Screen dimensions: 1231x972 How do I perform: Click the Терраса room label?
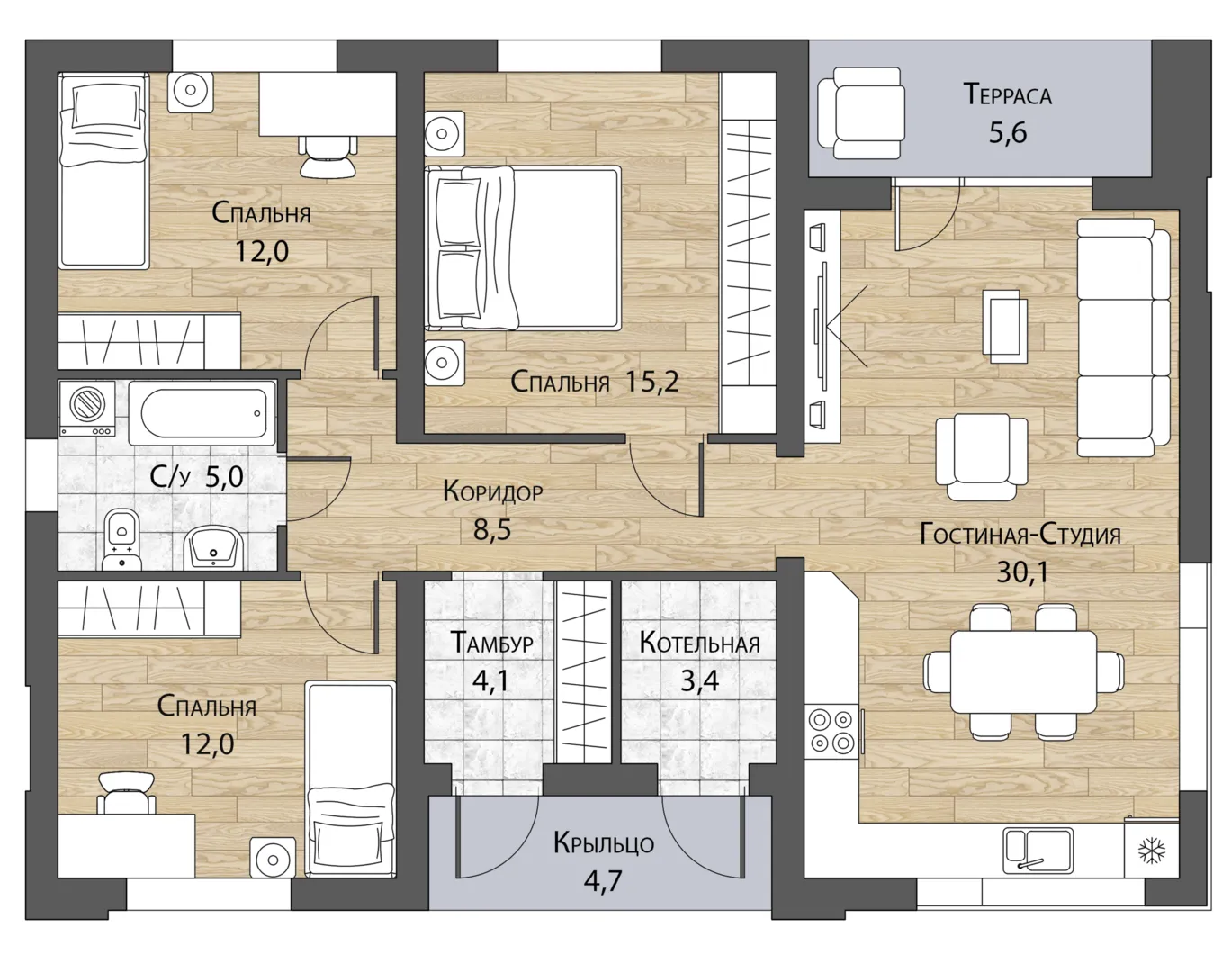[1007, 94]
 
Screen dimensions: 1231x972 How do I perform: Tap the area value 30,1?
[1023, 571]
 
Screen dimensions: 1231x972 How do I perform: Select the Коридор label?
[492, 491]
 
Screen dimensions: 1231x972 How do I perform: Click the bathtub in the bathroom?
[202, 412]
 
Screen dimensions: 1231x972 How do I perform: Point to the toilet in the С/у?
[121, 538]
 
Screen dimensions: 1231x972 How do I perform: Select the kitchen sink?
[1038, 850]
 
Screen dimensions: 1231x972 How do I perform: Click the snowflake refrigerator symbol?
[1152, 850]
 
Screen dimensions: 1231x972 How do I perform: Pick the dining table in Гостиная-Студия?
[1023, 671]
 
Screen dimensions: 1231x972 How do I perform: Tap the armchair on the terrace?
[860, 113]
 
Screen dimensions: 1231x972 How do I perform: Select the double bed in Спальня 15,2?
[523, 248]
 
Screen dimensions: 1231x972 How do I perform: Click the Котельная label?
[699, 643]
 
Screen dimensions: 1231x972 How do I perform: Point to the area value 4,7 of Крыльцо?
[603, 880]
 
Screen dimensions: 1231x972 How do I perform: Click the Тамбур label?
[491, 642]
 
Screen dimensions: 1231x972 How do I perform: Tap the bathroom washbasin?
[212, 547]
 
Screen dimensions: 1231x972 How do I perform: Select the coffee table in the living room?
[1004, 326]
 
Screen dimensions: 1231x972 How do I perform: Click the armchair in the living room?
[982, 457]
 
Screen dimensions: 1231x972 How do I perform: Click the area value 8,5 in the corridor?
[492, 530]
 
